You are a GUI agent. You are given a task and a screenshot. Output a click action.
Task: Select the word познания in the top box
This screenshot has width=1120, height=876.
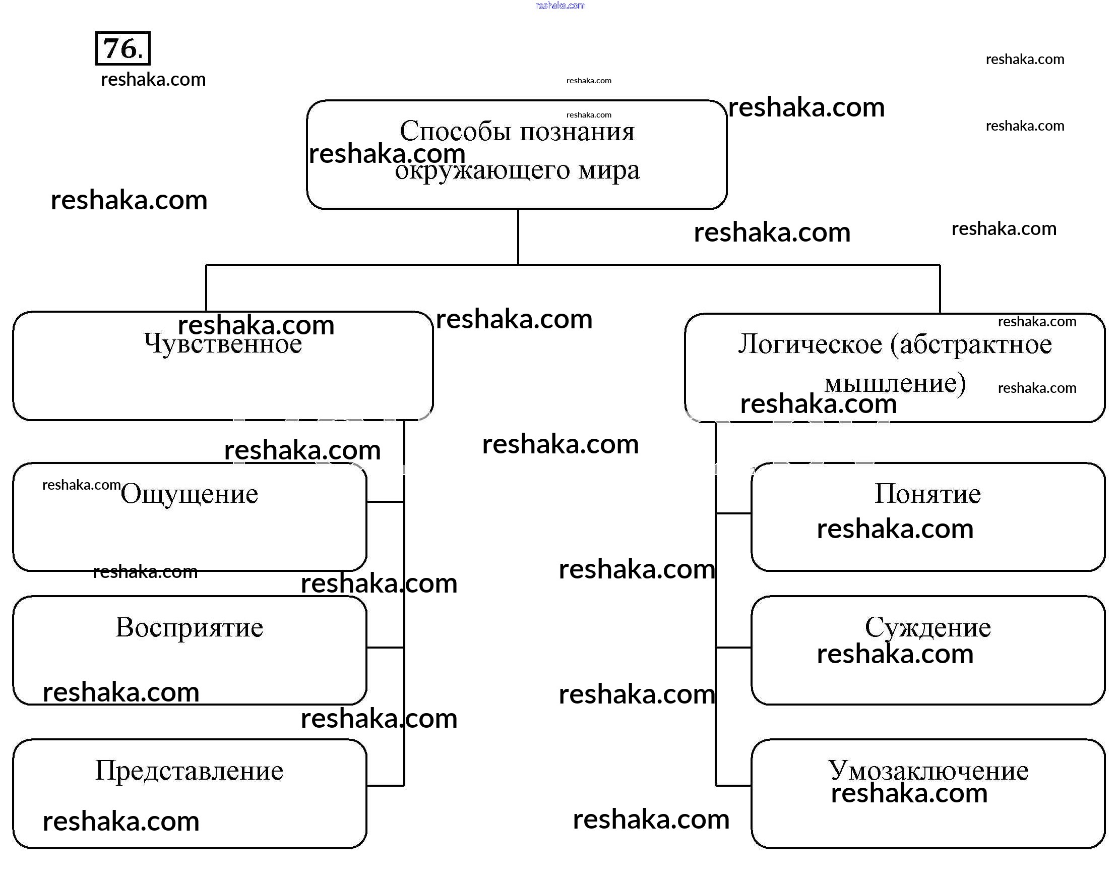pos(578,131)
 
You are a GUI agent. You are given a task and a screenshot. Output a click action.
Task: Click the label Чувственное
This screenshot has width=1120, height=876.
pos(223,344)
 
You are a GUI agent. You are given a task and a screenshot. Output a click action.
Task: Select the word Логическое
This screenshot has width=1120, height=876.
pos(810,344)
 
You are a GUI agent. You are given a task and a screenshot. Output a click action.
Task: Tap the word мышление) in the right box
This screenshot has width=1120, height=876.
pos(895,383)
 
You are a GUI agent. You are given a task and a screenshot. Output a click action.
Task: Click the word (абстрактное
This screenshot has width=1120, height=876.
pos(971,344)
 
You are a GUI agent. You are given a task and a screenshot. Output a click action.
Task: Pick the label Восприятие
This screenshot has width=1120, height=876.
pos(189,627)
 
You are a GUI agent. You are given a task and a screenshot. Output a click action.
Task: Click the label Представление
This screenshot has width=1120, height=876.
pos(189,771)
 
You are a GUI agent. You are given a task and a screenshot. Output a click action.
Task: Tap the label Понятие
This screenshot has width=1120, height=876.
pos(927,494)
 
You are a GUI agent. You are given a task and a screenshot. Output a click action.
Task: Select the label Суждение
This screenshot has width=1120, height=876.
pos(927,627)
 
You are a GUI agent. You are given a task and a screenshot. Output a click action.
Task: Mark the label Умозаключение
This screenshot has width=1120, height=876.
pos(927,771)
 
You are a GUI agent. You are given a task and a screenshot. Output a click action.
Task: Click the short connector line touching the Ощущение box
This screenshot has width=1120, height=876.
pos(385,502)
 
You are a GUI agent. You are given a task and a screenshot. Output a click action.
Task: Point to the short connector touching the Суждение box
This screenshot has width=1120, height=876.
pos(733,648)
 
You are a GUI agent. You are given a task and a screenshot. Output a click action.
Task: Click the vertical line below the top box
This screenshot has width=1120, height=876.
pos(518,237)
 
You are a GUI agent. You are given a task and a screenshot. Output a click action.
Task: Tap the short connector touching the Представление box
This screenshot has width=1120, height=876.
pos(385,785)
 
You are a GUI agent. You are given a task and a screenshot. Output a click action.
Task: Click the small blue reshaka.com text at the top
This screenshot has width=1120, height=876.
pos(560,6)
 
